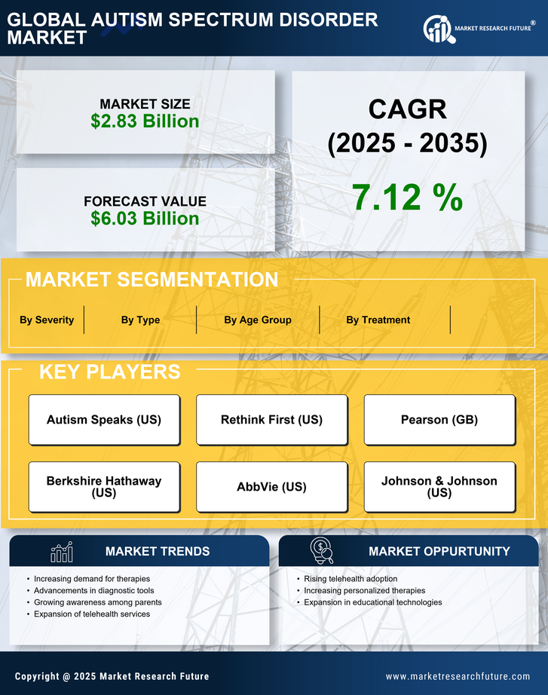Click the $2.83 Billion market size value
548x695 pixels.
pos(145,121)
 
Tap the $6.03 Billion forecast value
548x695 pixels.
pos(145,219)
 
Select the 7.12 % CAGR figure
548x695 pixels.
pos(407,197)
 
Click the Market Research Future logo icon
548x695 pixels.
pos(438,29)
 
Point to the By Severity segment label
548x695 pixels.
pos(47,320)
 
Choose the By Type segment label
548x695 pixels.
pos(140,320)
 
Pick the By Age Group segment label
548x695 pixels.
pos(257,320)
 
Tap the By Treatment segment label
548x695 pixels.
pos(378,320)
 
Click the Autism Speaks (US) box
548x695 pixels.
pos(104,420)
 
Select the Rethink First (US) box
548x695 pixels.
pos(271,420)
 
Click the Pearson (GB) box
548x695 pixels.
pos(439,420)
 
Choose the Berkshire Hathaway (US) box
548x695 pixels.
pos(104,487)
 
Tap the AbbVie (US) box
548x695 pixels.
pos(271,487)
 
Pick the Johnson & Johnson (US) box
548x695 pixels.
pos(439,487)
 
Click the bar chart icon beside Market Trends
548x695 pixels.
pos(61,552)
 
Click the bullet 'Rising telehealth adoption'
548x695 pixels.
pos(351,579)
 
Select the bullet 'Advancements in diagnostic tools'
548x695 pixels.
pos(93,591)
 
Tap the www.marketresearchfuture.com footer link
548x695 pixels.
pos(458,676)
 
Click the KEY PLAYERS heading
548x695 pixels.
pos(109,372)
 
